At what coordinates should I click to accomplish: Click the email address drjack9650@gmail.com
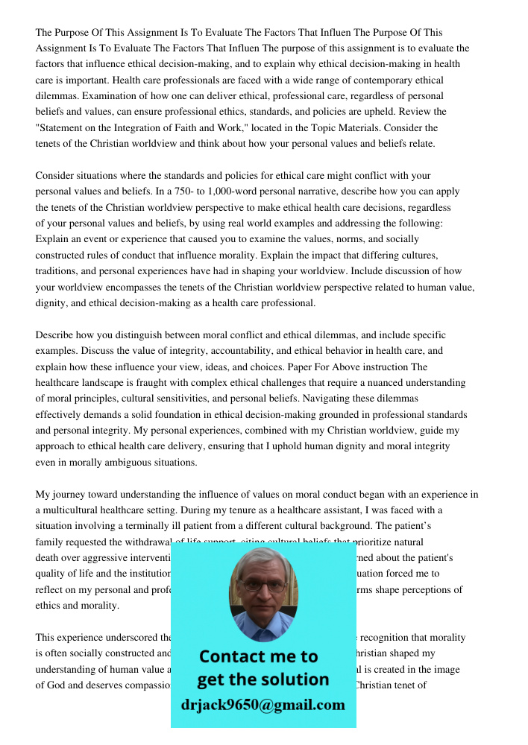tap(263, 705)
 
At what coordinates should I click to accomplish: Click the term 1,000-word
tap(263, 191)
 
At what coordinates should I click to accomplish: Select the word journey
tap(69, 494)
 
